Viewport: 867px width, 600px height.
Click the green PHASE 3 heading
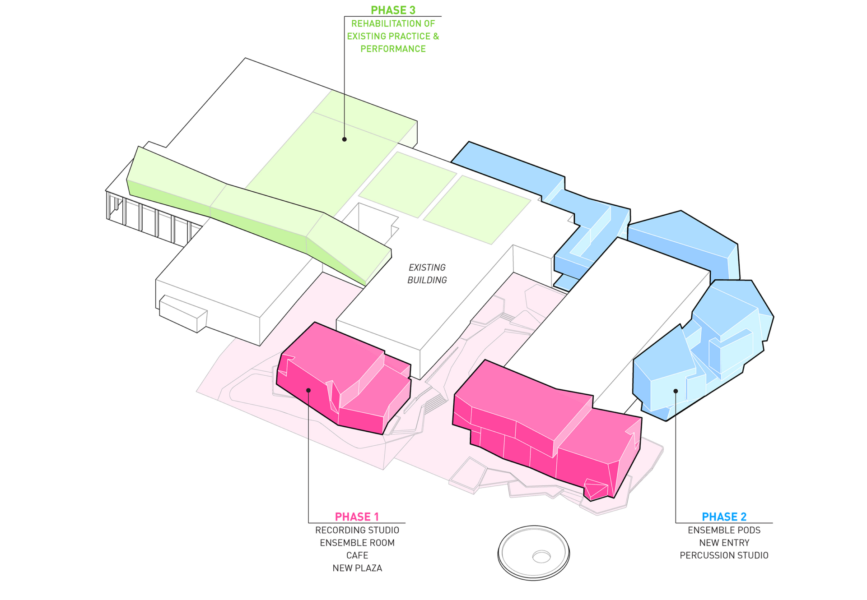click(x=393, y=10)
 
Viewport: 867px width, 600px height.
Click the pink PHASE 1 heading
click(x=357, y=517)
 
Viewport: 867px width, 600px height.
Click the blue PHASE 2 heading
click(x=724, y=517)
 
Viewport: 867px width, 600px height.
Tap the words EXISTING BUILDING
click(x=427, y=274)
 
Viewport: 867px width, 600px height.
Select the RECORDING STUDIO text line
click(x=357, y=530)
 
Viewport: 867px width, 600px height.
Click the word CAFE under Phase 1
click(x=357, y=555)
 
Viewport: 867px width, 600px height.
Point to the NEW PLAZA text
click(x=357, y=568)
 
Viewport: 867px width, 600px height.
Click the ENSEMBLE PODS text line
click(x=724, y=530)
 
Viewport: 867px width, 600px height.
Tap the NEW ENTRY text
click(x=724, y=543)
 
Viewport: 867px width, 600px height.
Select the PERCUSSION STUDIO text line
click(x=724, y=555)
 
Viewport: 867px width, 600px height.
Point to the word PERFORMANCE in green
click(x=393, y=49)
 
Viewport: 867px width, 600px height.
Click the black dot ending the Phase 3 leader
click(x=345, y=139)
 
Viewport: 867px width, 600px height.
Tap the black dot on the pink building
click(x=308, y=390)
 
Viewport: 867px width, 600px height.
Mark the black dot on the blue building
click(x=676, y=391)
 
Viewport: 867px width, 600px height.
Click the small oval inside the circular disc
click(x=541, y=557)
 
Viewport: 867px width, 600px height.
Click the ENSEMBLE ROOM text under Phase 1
click(x=357, y=543)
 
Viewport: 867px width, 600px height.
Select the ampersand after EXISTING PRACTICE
click(x=436, y=36)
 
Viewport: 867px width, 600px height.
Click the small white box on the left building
click(x=183, y=314)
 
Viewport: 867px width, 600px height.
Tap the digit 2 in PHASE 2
click(x=743, y=517)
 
